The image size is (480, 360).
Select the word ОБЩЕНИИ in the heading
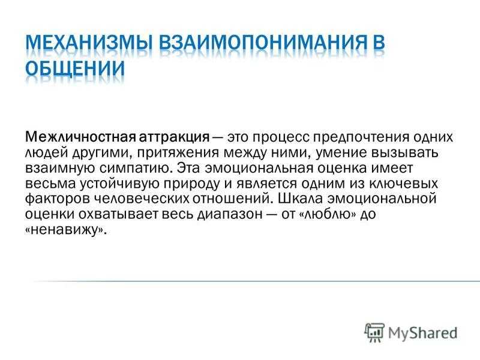(x=75, y=68)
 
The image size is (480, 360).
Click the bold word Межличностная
(x=80, y=137)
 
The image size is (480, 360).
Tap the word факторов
(x=57, y=199)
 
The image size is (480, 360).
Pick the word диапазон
(x=230, y=215)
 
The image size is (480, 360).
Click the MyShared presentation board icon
(x=374, y=332)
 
